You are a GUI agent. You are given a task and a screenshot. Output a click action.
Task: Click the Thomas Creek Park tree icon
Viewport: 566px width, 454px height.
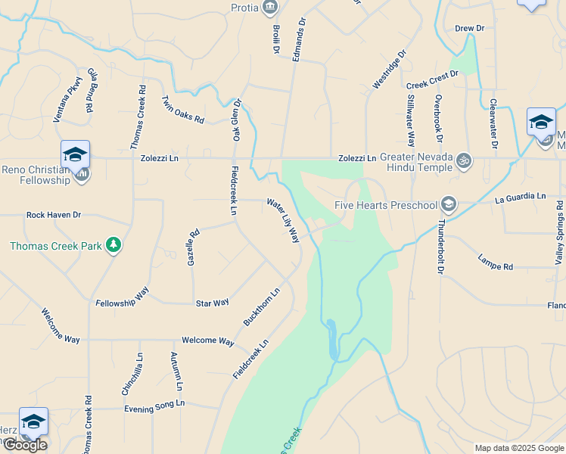click(114, 244)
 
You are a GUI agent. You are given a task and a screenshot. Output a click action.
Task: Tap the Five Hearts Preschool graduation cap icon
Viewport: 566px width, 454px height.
click(449, 204)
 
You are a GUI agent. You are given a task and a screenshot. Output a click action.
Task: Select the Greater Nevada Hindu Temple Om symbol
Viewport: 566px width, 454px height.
click(465, 160)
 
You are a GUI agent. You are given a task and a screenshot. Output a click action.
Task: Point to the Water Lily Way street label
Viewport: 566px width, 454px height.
click(283, 220)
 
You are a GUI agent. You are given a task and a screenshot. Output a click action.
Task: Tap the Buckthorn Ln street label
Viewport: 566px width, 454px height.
click(262, 306)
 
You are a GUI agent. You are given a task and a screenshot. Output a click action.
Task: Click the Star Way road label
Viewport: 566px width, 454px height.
click(212, 303)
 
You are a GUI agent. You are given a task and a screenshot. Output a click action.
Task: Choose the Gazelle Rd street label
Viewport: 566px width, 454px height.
click(193, 247)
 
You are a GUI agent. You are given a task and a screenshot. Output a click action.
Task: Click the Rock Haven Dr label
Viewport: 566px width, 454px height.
click(54, 215)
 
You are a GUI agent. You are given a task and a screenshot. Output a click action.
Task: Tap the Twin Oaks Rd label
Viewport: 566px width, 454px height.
click(183, 110)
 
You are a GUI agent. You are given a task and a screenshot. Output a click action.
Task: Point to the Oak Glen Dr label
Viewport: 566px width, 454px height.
click(237, 120)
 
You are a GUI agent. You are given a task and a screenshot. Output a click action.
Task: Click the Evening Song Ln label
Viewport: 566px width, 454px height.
click(154, 406)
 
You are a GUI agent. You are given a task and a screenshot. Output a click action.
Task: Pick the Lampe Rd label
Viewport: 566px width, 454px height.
click(496, 262)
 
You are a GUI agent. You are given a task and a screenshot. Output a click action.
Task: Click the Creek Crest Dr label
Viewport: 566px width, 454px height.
click(432, 79)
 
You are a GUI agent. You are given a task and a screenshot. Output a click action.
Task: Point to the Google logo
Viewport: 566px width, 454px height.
click(25, 445)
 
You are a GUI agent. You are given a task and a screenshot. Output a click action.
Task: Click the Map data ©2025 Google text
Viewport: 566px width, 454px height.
click(518, 448)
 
